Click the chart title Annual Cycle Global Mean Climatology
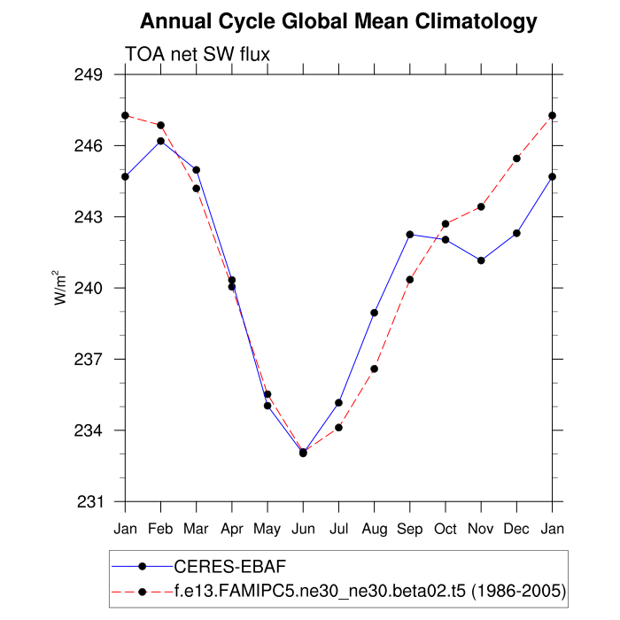[x=338, y=21]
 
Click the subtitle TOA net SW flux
[x=198, y=55]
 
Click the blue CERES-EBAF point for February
[x=161, y=141]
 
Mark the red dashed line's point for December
[x=516, y=159]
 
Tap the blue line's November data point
[x=481, y=260]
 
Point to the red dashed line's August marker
[x=375, y=368]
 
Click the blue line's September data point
[x=410, y=234]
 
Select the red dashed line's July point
[x=338, y=428]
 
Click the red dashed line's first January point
[x=126, y=115]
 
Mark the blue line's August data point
[x=375, y=313]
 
